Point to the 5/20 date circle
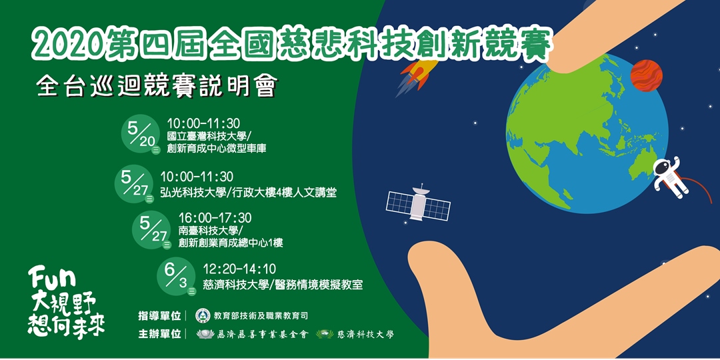click(139, 134)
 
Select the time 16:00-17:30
click(215, 218)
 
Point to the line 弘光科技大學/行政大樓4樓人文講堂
click(248, 193)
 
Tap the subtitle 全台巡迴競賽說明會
click(157, 87)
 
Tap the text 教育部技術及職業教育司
click(261, 315)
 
